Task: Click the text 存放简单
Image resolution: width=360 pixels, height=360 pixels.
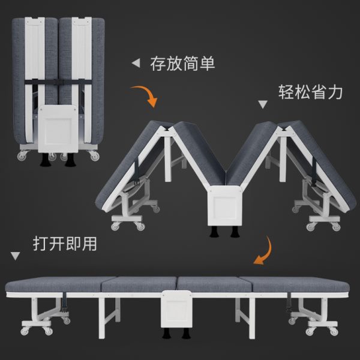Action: [x=182, y=63]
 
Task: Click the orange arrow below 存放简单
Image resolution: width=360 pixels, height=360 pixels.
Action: [x=145, y=94]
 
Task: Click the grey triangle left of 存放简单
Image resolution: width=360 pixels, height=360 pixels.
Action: [x=136, y=62]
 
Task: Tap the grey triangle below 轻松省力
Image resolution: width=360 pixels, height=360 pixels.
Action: [x=262, y=104]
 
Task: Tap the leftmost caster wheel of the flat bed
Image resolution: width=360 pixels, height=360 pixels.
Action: [x=26, y=331]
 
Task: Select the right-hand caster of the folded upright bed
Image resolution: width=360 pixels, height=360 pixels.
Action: [x=94, y=156]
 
